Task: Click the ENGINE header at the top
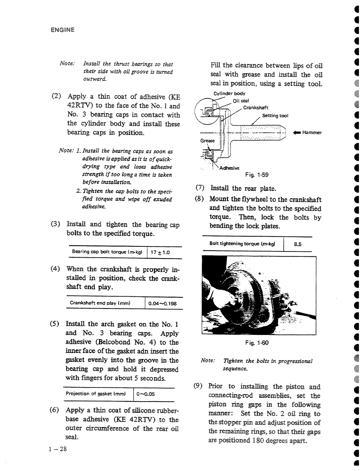[x=62, y=30]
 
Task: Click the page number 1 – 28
[x=57, y=449]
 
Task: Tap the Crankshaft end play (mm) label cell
[x=100, y=303]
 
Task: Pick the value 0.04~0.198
[x=162, y=304]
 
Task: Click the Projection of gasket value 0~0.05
[x=146, y=394]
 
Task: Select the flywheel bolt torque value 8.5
[x=298, y=244]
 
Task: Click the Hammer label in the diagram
[x=312, y=132]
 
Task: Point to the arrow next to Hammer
[x=297, y=132]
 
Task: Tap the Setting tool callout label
[x=275, y=116]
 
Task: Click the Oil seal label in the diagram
[x=241, y=101]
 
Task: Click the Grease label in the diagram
[x=207, y=141]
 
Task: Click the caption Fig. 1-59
[x=257, y=175]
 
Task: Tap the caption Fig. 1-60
[x=257, y=343]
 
